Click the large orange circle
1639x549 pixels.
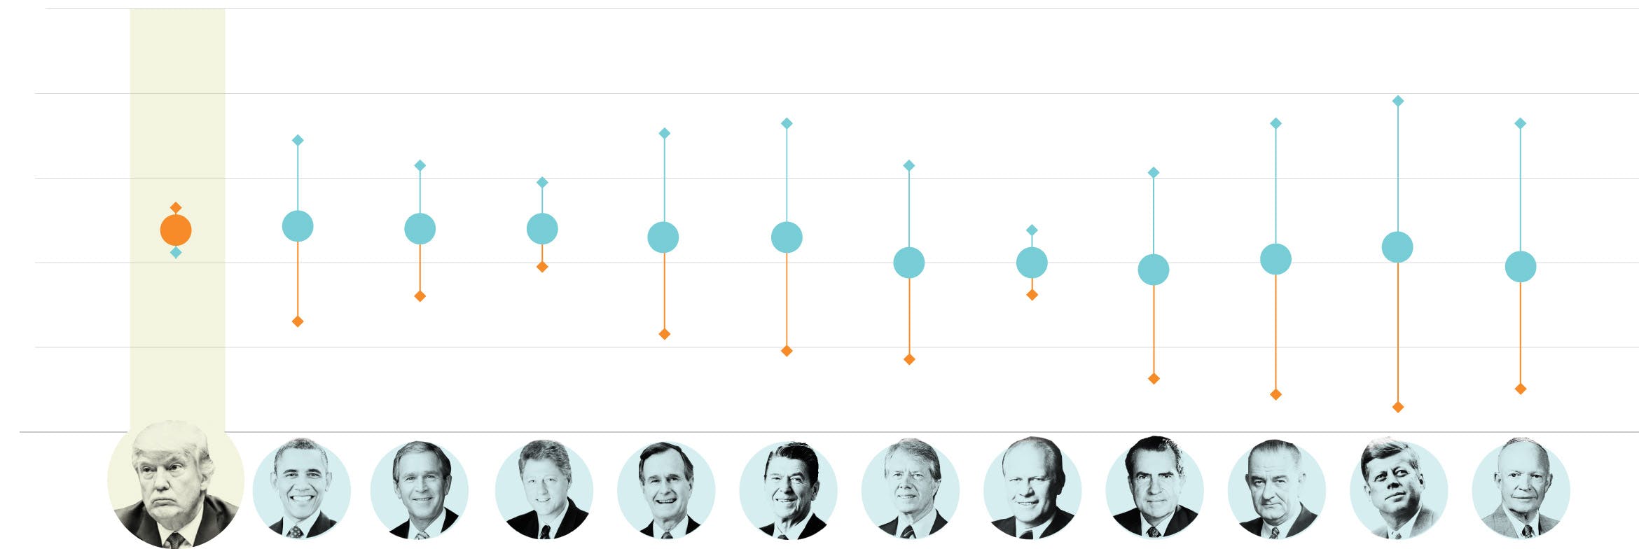(176, 230)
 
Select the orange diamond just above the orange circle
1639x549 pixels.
(176, 207)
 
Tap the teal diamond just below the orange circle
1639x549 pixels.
(176, 252)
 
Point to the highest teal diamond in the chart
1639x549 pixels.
(1397, 101)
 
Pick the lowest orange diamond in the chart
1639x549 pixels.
(1397, 407)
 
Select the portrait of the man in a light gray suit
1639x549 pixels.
(1520, 489)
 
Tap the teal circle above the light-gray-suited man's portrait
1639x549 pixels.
(1520, 267)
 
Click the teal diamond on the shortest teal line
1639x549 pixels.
(1031, 230)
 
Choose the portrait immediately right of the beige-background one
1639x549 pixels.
(300, 489)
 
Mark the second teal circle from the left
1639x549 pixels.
(420, 229)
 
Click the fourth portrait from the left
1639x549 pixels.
(544, 489)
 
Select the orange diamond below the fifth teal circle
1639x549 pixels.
(786, 351)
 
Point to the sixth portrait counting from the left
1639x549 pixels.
(787, 489)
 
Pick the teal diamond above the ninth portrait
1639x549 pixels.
(1153, 172)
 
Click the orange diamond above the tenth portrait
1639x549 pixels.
(1275, 394)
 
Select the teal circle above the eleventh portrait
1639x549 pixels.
(1397, 247)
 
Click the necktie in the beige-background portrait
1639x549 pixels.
(174, 540)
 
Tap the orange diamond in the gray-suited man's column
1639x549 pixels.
(1520, 389)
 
